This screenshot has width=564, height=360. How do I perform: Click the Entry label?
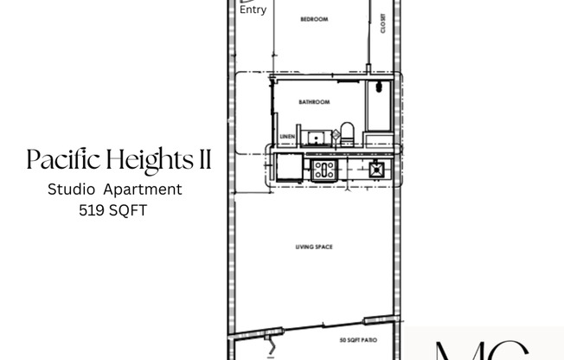click(253, 10)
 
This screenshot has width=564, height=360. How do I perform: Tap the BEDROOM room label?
click(314, 19)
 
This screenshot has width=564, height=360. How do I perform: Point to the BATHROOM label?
click(314, 102)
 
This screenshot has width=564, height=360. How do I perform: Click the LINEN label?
click(288, 136)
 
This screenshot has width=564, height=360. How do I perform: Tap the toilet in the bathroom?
click(347, 134)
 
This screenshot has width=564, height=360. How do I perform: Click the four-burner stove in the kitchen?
click(324, 170)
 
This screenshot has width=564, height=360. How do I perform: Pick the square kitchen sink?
click(376, 170)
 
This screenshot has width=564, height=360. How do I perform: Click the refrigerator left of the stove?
click(289, 170)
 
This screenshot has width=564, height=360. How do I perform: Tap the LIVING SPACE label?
click(314, 247)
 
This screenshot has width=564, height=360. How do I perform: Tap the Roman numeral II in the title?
click(203, 160)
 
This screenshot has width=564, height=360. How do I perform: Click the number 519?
click(93, 210)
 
